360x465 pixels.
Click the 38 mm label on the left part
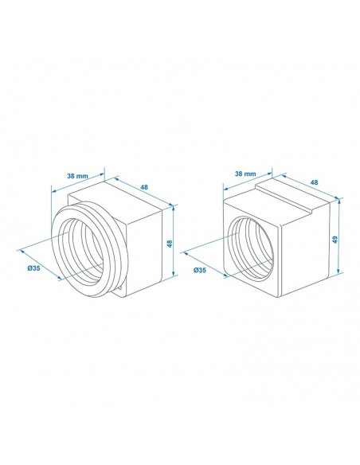(77, 176)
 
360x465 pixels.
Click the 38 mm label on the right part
(245, 174)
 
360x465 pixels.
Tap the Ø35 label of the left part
(33, 268)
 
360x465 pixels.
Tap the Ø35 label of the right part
(200, 270)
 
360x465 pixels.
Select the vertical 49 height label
(335, 240)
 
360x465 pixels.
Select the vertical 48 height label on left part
(170, 244)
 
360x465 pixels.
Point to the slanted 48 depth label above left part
(144, 187)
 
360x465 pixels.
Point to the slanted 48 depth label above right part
(314, 182)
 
